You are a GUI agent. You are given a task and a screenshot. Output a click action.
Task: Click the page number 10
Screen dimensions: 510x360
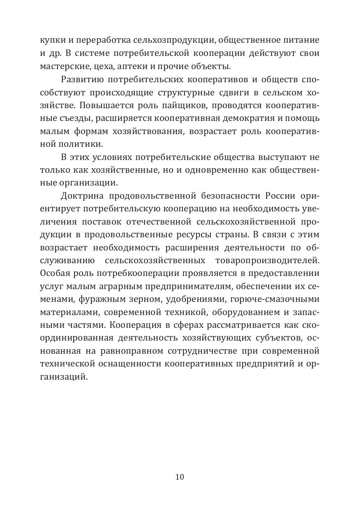180,477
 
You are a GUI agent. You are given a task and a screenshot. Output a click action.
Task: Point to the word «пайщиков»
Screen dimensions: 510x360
191,105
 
